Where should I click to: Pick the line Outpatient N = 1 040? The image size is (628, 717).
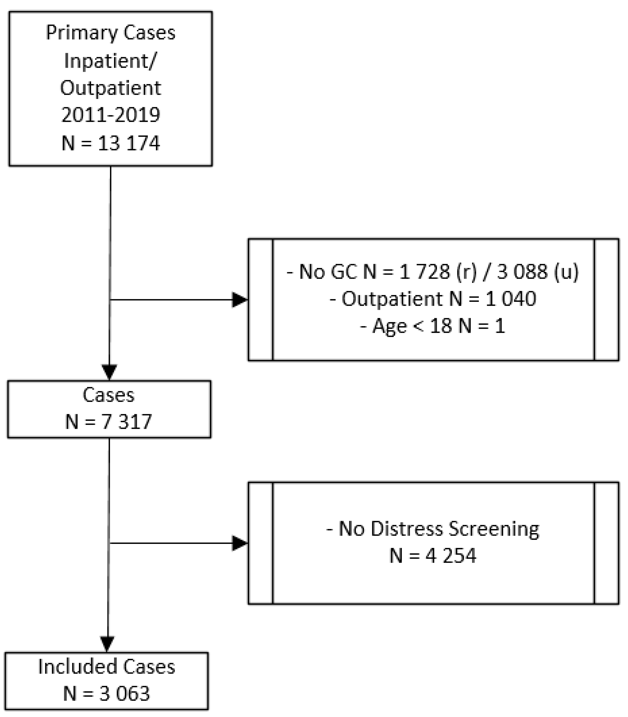click(x=433, y=299)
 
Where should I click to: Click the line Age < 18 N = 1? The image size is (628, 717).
click(x=433, y=326)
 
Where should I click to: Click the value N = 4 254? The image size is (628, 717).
click(x=433, y=556)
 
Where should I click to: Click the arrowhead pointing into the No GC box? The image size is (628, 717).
click(x=240, y=300)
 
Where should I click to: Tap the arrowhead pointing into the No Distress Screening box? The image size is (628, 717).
click(x=240, y=543)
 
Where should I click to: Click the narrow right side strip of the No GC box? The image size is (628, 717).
click(x=607, y=300)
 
